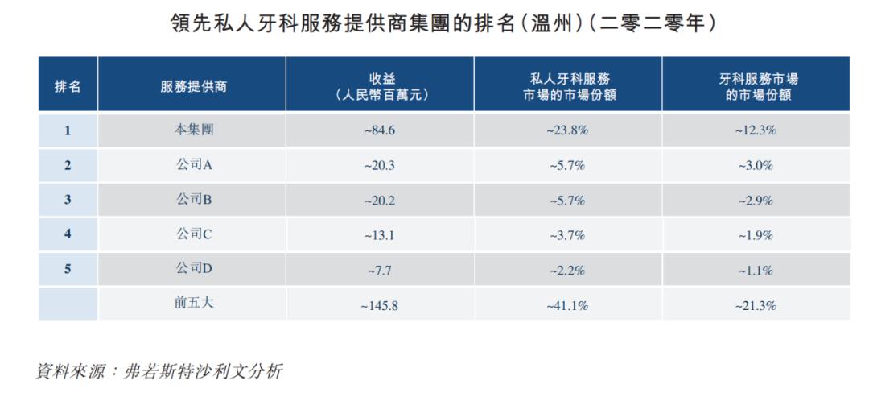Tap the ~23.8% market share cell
coord(569,130)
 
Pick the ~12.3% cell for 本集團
coord(756,130)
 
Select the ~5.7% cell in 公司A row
coord(569,165)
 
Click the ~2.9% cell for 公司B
coord(756,200)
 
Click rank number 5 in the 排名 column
coord(68,270)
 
